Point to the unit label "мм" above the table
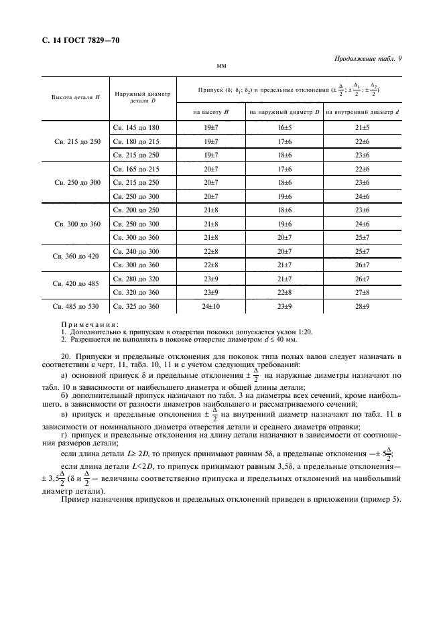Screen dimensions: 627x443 point(221,66)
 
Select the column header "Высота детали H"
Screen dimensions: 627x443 point(76,96)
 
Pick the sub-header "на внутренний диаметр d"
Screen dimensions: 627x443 point(362,111)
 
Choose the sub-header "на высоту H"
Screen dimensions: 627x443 point(210,111)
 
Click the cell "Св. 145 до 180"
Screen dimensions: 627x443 point(135,127)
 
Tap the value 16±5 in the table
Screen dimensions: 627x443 point(285,127)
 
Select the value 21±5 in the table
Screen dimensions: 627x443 point(362,127)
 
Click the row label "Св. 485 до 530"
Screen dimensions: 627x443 point(76,306)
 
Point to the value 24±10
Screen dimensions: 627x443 point(210,306)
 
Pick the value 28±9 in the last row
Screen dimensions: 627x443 point(362,306)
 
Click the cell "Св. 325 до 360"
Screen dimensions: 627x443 point(135,306)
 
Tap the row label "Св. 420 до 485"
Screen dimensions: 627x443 point(76,284)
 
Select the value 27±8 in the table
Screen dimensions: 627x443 point(362,291)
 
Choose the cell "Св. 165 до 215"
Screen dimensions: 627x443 point(135,169)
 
